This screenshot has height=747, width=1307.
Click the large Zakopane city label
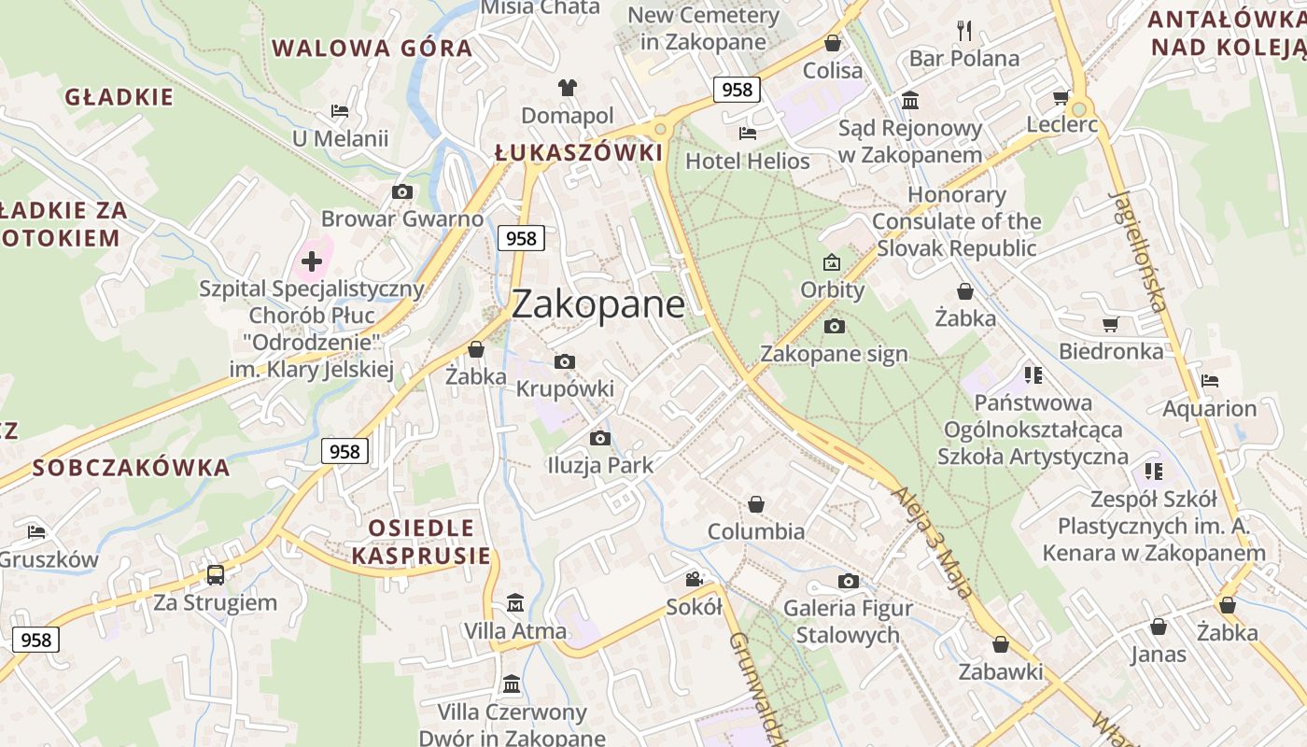[597, 304]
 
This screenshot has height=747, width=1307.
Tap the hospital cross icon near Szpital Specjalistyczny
[312, 261]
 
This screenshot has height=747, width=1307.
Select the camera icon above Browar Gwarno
[402, 192]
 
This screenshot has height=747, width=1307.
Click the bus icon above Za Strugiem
[216, 574]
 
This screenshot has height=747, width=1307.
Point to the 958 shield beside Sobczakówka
[344, 451]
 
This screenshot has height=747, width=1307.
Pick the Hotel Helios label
[747, 161]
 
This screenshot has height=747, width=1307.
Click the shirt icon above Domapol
[567, 89]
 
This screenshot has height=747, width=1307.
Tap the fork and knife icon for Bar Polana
[964, 31]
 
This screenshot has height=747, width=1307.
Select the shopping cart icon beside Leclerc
[1061, 97]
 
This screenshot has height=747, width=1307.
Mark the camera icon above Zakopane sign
[834, 326]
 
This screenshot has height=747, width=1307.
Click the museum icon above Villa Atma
[514, 603]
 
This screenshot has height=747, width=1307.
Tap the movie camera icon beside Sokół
[694, 579]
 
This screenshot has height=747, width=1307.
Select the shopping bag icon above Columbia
[755, 504]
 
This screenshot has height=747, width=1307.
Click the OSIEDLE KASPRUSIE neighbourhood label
[421, 543]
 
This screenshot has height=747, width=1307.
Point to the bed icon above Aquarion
[1210, 381]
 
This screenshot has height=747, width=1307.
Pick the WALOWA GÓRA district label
[372, 48]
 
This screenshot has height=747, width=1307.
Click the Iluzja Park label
[600, 465]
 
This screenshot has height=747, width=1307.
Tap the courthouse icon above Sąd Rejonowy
[909, 100]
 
